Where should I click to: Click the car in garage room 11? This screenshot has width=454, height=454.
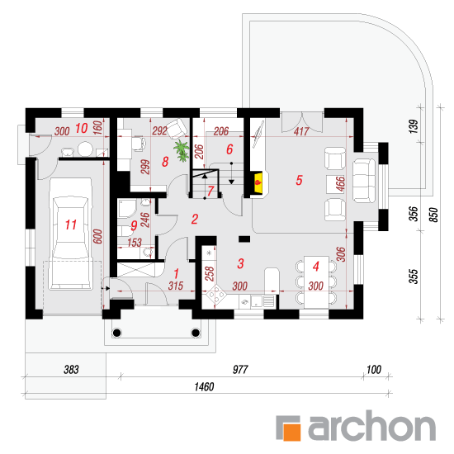(x=71, y=234)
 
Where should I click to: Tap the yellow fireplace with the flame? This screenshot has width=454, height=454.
(x=258, y=182)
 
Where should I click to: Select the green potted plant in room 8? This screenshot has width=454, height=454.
(x=182, y=150)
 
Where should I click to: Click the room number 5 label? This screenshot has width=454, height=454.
(x=299, y=180)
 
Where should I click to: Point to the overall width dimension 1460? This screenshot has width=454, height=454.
(x=204, y=387)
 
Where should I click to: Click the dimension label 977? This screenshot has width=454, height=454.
(x=240, y=370)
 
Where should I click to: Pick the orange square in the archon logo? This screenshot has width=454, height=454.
(x=291, y=432)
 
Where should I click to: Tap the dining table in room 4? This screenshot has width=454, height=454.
(x=316, y=282)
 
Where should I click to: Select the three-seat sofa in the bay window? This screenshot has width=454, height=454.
(x=364, y=181)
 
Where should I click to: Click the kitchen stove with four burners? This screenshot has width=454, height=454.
(x=216, y=295)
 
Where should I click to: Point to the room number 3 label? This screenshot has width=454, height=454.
(x=240, y=264)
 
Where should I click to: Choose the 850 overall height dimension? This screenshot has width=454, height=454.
(x=433, y=215)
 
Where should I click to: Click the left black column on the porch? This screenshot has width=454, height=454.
(x=116, y=333)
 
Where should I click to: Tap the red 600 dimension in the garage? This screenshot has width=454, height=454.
(x=98, y=237)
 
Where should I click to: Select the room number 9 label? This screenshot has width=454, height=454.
(x=134, y=225)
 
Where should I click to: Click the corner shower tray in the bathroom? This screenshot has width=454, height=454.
(x=127, y=208)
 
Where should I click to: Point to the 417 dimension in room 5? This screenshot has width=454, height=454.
(x=301, y=131)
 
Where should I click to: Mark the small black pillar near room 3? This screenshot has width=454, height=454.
(x=244, y=239)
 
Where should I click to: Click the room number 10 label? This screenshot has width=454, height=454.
(x=82, y=128)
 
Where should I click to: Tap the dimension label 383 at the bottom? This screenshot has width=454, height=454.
(x=71, y=370)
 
